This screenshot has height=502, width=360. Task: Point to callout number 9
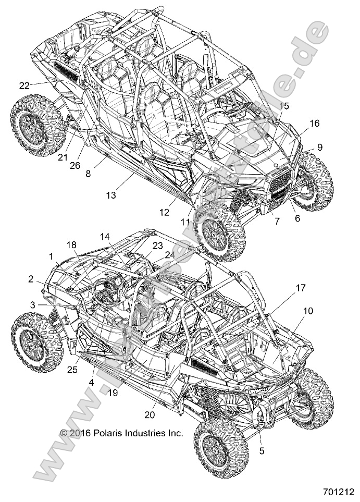tap(319, 147)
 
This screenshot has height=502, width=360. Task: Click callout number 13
tap(111, 195)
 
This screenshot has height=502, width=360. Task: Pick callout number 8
tap(88, 174)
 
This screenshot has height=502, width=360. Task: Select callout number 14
tap(105, 236)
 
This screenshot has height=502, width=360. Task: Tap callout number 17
tap(301, 288)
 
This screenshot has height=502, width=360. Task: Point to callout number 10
tap(308, 311)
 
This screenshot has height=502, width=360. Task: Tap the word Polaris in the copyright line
tap(111, 433)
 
